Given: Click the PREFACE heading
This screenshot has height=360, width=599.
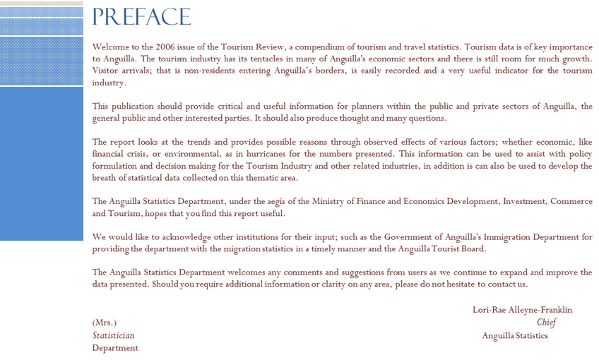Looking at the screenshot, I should pyautogui.click(x=141, y=17).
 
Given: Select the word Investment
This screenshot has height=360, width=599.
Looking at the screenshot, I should pyautogui.click(x=521, y=202).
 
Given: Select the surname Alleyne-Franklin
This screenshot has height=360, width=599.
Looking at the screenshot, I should pyautogui.click(x=541, y=310).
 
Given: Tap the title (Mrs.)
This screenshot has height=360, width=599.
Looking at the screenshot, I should pyautogui.click(x=105, y=323).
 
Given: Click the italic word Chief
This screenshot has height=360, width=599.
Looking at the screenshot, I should pyautogui.click(x=546, y=323).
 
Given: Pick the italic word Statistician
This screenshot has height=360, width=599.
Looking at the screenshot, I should pyautogui.click(x=113, y=335).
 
